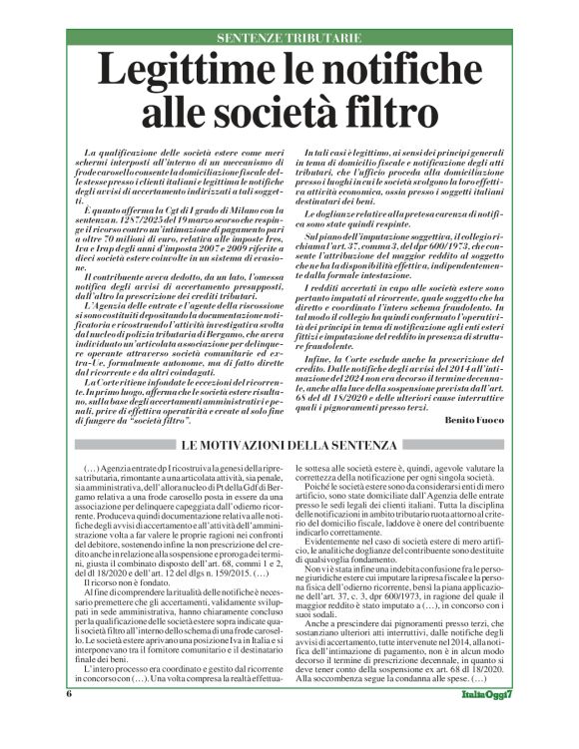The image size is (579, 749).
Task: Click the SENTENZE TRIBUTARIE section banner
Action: pyautogui.click(x=289, y=37)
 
